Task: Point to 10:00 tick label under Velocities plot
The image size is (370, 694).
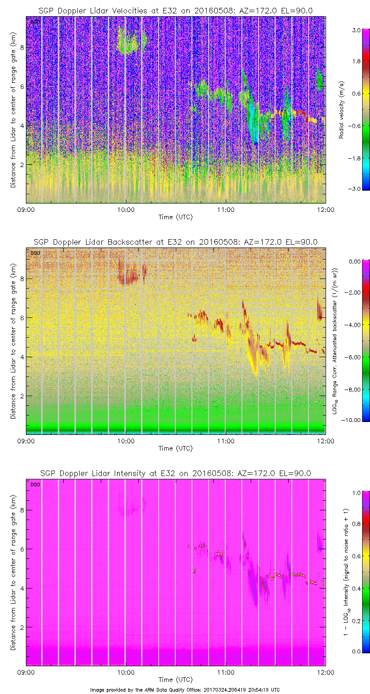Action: coord(125,209)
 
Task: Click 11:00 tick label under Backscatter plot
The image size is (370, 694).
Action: coord(225,440)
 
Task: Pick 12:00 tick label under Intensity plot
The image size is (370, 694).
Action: coord(325,672)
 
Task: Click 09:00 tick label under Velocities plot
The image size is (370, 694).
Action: coord(26,209)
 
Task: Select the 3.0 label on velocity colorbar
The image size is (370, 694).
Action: coord(355,30)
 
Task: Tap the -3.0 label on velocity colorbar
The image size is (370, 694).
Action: coord(354,189)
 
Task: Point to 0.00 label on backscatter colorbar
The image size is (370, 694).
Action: coord(354,261)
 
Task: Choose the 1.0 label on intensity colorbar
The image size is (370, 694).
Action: coord(355,493)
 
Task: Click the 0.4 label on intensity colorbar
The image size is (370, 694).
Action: coord(355,588)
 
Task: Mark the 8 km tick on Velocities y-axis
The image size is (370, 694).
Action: coord(20,47)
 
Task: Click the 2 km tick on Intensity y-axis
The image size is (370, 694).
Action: coord(20,627)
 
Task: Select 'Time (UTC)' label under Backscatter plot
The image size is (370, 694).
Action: coord(175,448)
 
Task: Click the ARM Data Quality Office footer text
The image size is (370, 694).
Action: coord(185,689)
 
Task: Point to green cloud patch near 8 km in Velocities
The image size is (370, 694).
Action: coord(128,44)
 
